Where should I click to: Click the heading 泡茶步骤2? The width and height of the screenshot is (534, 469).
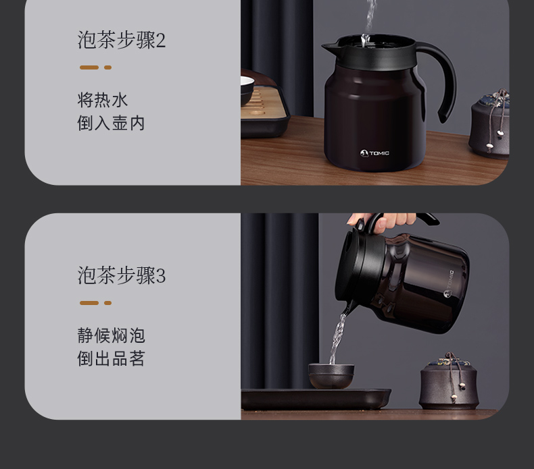coord(121,40)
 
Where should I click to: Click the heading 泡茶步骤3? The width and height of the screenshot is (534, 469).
coord(121,275)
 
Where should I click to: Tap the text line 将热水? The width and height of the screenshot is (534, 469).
coord(103,101)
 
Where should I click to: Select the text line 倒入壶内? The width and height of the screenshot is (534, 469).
coord(111,123)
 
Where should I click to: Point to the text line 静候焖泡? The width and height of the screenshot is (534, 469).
coord(111,335)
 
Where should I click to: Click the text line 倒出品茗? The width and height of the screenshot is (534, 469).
coord(111,358)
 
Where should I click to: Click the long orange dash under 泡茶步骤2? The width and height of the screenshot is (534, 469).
coord(89,67)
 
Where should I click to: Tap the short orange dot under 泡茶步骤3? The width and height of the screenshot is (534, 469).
coord(108,303)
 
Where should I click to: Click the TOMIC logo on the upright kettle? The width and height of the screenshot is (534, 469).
coord(374,153)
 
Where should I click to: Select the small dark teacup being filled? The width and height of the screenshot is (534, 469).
coord(331,376)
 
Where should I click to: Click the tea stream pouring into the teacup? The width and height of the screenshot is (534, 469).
coord(337,338)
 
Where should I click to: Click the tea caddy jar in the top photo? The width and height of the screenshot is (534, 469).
coord(489,124)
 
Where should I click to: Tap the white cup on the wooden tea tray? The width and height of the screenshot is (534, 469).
coord(247,89)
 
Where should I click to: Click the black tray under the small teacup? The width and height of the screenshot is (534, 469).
coord(316,399)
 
